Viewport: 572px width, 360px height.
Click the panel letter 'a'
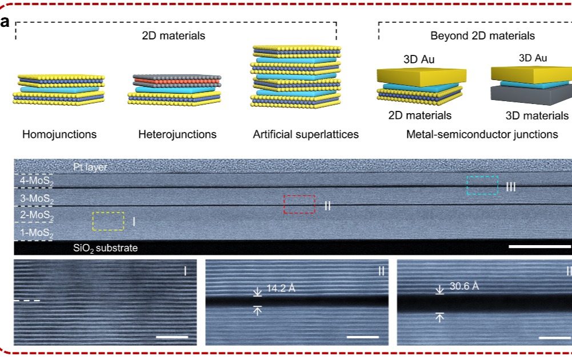pyautogui.click(x=5, y=23)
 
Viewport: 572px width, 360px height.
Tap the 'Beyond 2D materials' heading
pyautogui.click(x=482, y=36)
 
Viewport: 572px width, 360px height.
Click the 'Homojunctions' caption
pyautogui.click(x=59, y=135)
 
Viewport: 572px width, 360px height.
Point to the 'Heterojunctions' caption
pyautogui.click(x=177, y=135)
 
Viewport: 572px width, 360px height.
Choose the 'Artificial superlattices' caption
pyautogui.click(x=306, y=135)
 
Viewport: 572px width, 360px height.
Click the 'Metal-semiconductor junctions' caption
pyautogui.click(x=482, y=135)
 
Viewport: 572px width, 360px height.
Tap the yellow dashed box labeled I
pyautogui.click(x=108, y=221)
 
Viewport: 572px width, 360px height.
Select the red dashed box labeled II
pyautogui.click(x=299, y=204)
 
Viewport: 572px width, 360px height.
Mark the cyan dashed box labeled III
pyautogui.click(x=482, y=185)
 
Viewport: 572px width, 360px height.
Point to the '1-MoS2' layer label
pyautogui.click(x=34, y=233)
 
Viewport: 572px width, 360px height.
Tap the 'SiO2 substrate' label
pyautogui.click(x=105, y=248)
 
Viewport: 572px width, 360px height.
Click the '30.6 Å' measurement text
pyautogui.click(x=463, y=286)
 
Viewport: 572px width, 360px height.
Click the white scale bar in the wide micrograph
pyautogui.click(x=539, y=247)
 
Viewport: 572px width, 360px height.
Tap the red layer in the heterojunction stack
pyautogui.click(x=176, y=81)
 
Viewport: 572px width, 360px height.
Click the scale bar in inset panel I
pyautogui.click(x=171, y=337)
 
